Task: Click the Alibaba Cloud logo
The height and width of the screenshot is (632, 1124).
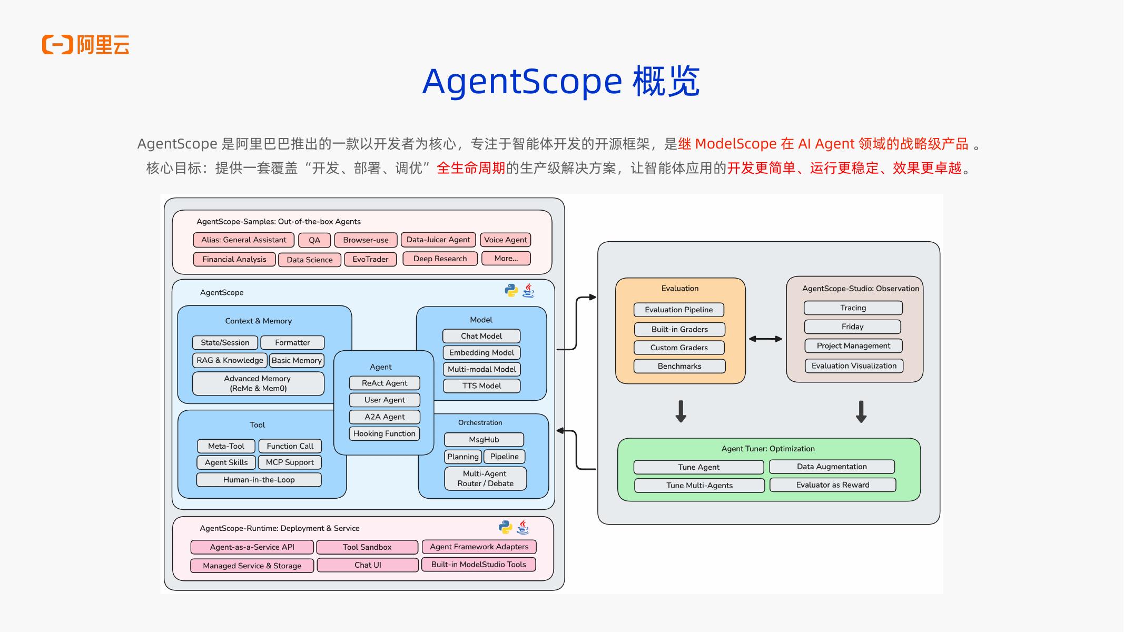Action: (x=85, y=45)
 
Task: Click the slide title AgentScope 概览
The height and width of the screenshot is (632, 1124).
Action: (x=561, y=82)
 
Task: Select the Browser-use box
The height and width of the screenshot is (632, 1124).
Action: (x=366, y=240)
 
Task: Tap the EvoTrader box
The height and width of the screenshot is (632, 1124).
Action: (x=370, y=260)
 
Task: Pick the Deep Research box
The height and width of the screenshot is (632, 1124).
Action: (x=440, y=259)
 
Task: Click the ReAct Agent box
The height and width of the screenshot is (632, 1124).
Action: (x=384, y=383)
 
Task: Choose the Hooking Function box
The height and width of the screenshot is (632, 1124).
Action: (x=384, y=433)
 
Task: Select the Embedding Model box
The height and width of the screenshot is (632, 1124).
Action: (x=481, y=352)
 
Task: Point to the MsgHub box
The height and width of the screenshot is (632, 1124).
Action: (x=484, y=440)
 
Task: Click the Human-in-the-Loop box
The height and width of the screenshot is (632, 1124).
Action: (x=259, y=480)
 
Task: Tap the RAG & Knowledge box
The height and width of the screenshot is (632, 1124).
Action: (x=230, y=360)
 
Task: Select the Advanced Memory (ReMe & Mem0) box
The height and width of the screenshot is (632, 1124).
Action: (x=258, y=383)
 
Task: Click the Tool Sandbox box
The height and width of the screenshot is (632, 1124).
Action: (x=367, y=547)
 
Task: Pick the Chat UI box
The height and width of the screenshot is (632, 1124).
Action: (x=368, y=565)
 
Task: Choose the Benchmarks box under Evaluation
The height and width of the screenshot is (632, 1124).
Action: (x=679, y=366)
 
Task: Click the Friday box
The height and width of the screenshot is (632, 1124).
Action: (x=853, y=327)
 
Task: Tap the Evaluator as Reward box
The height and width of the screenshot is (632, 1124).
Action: (x=833, y=485)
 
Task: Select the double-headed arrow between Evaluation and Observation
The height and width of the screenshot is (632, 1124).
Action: (x=765, y=339)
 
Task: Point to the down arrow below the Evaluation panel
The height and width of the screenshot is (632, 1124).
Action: (x=681, y=411)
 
